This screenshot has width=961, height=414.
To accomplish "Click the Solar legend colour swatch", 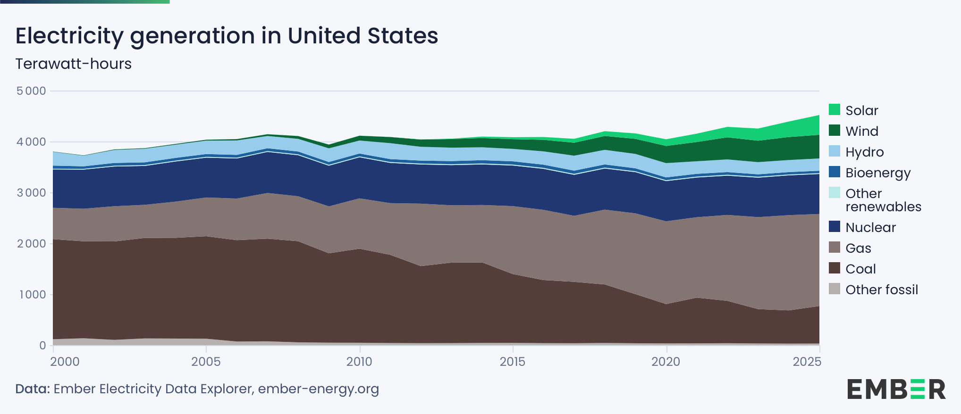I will [835, 110].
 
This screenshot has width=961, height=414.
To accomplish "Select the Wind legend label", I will [862, 131].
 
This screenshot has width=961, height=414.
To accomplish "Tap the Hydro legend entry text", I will [864, 152].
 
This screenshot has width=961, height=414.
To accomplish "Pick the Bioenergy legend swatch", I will [835, 172].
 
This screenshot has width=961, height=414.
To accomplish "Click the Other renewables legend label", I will [883, 200].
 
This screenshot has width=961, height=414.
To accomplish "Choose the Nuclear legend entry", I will [870, 227].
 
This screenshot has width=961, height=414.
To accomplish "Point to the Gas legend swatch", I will [835, 248].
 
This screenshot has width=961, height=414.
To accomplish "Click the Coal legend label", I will [860, 269].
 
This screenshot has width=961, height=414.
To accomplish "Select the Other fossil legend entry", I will [881, 290].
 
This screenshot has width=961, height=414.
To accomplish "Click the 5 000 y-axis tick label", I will [31, 91].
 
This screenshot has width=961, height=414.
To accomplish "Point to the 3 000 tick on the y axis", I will [31, 193].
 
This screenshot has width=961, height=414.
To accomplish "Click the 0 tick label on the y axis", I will [42, 346].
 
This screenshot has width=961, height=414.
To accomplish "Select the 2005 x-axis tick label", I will [206, 362].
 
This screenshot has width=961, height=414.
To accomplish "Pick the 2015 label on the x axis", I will [513, 362].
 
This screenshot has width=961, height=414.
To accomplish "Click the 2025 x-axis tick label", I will [807, 362].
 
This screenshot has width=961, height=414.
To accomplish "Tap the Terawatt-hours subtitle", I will [73, 64].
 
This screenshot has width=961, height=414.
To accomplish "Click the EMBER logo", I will [896, 389].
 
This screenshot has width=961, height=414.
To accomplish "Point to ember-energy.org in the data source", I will [318, 389].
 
